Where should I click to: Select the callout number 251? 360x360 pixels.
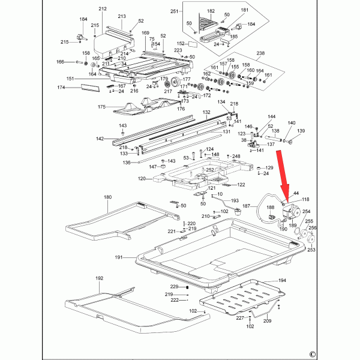[175, 11]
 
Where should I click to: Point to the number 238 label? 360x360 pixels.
[260, 53]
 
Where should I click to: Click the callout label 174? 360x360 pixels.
[61, 88]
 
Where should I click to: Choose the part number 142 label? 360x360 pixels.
[100, 139]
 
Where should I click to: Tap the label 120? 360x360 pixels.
[142, 179]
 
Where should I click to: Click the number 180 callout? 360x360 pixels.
[108, 197]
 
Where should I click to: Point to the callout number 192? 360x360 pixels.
[100, 278]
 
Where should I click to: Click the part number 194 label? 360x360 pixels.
[282, 281]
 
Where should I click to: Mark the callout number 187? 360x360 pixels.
[247, 206]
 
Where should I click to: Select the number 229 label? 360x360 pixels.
[174, 287]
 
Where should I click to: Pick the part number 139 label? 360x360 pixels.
[301, 131]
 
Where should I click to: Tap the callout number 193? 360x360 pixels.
[235, 200]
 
